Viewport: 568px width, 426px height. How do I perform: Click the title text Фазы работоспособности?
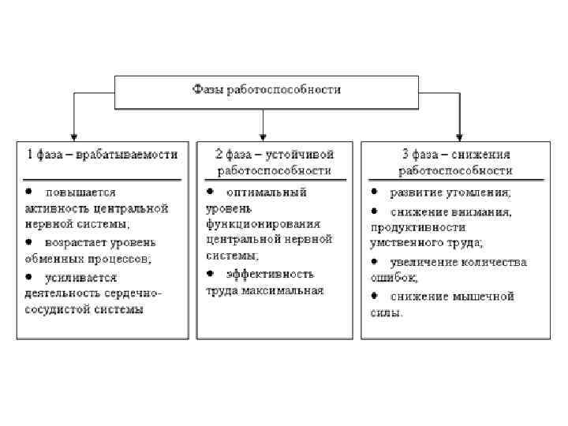pos(267,89)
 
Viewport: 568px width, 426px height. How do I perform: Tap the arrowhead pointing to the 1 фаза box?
pos(73,136)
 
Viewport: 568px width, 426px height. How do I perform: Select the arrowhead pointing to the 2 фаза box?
pos(263,136)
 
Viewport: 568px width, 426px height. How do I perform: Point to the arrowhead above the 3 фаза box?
pos(458,136)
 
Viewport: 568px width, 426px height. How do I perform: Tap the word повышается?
pos(81,192)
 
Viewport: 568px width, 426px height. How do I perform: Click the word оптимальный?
pos(267,192)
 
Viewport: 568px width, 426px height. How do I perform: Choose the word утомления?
pos(481,192)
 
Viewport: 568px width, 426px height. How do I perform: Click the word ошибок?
pos(394,278)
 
